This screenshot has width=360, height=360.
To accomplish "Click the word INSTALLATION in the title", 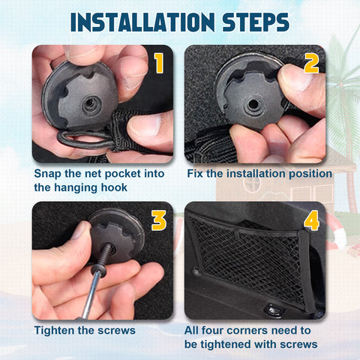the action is click(x=142, y=22).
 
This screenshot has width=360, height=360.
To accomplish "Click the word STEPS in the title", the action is click(x=256, y=22).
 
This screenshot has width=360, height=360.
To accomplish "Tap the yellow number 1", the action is click(x=158, y=63).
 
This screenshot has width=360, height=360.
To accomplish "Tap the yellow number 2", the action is click(x=311, y=64).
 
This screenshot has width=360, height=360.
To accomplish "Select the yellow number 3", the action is click(x=159, y=220).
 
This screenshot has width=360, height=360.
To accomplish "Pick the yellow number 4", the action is click(x=311, y=220).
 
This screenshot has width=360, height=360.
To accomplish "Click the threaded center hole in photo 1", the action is click(x=90, y=103).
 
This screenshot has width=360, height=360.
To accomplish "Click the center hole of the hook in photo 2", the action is click(x=253, y=104).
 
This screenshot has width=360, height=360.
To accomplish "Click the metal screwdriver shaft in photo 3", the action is click(x=91, y=295).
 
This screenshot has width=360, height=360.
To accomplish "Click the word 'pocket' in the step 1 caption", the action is click(x=122, y=174).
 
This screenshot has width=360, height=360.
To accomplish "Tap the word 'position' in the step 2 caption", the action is click(x=310, y=174).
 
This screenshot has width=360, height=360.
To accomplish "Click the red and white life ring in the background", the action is click(x=336, y=231).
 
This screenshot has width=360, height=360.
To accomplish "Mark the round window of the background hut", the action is click(x=252, y=184).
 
